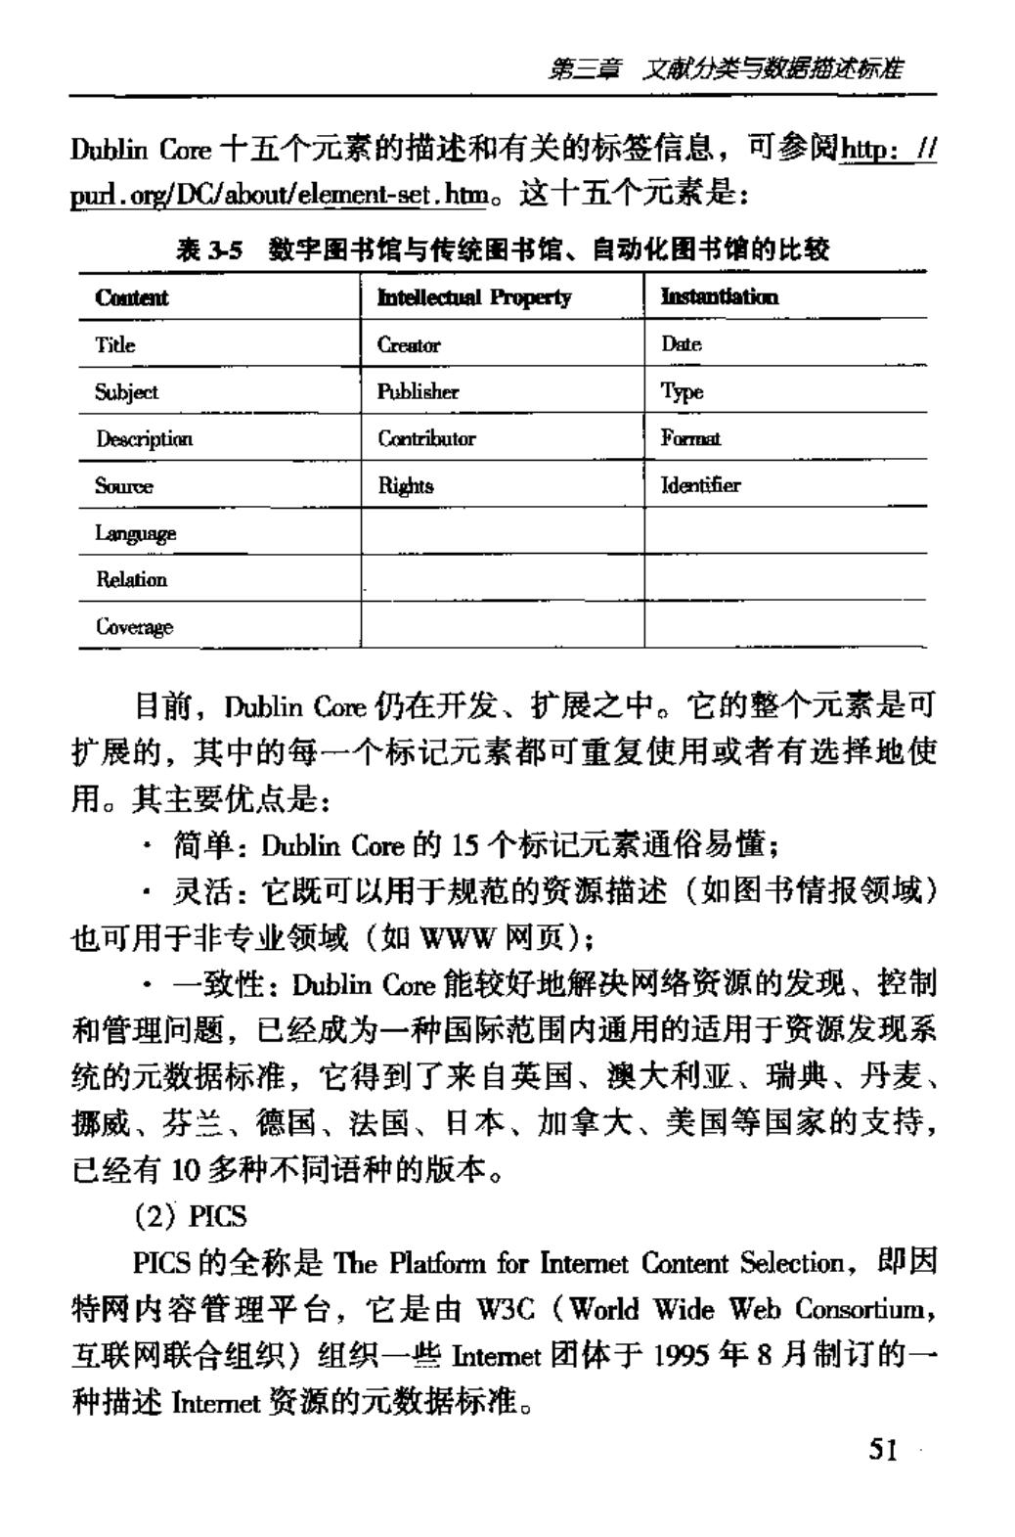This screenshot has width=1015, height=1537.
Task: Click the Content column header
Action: (132, 297)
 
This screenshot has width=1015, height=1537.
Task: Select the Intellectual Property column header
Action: (474, 297)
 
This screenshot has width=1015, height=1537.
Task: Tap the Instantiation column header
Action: (720, 297)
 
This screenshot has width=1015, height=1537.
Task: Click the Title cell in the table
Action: (115, 344)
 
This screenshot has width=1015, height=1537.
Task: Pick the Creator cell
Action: (409, 344)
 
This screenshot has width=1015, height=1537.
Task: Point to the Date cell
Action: (682, 344)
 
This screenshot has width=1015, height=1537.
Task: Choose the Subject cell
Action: (126, 391)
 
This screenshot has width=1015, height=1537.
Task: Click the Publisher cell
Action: (418, 391)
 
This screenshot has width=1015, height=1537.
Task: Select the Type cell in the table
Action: (682, 391)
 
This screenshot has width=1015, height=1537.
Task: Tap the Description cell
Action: (144, 438)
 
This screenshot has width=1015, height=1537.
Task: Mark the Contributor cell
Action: (426, 438)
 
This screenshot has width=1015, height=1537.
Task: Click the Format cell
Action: (690, 438)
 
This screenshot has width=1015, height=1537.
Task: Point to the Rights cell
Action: (406, 485)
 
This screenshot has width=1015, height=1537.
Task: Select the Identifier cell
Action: (701, 485)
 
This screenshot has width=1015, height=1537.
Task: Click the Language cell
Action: (136, 532)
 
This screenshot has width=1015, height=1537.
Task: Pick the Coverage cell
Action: (134, 626)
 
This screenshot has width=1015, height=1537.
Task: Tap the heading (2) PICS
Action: (191, 1216)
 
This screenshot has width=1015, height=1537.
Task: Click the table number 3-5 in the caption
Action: (223, 251)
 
